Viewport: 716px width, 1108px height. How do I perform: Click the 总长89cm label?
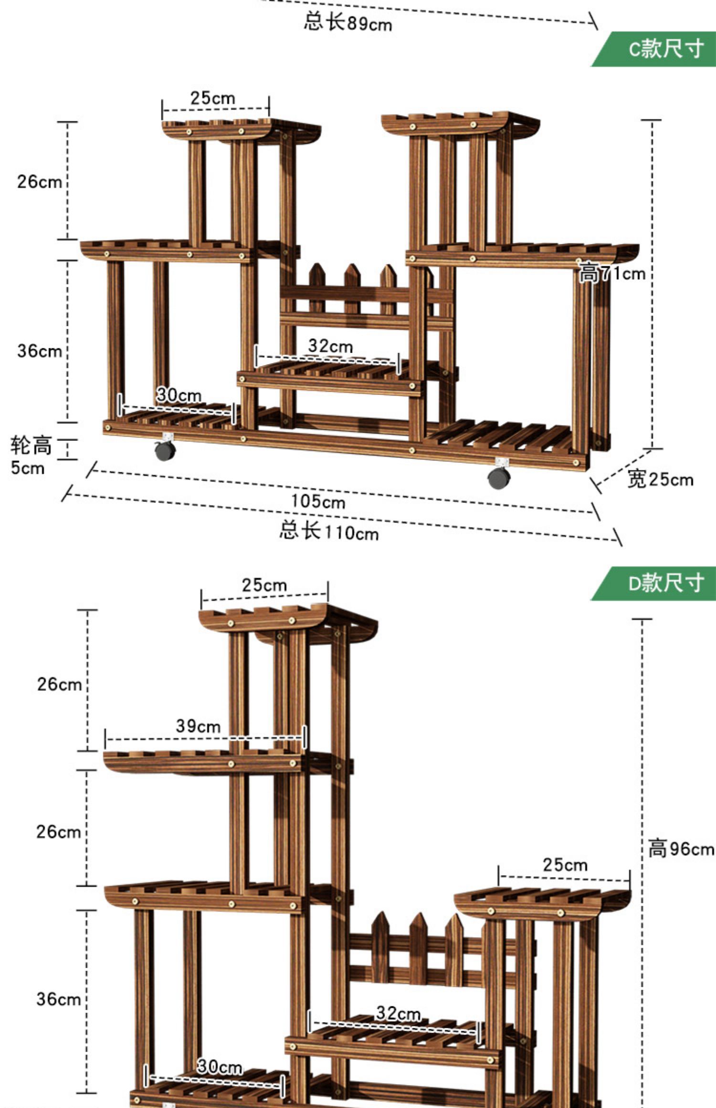pyautogui.click(x=347, y=22)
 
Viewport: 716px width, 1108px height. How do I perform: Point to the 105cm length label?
pyautogui.click(x=318, y=502)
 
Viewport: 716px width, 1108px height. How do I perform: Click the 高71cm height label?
pyautogui.click(x=612, y=273)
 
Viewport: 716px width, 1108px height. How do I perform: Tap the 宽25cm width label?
pyautogui.click(x=660, y=479)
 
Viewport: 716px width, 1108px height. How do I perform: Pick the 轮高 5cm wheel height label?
pyautogui.click(x=30, y=456)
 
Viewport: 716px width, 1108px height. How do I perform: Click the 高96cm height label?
pyautogui.click(x=681, y=849)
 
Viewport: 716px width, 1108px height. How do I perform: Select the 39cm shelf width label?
pyautogui.click(x=198, y=726)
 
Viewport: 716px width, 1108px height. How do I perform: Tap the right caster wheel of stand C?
pyautogui.click(x=499, y=477)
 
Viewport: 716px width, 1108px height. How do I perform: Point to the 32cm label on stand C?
pyautogui.click(x=330, y=346)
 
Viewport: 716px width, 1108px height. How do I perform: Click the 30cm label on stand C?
pyautogui.click(x=179, y=395)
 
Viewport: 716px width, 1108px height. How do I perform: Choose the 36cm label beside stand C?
pyautogui.click(x=40, y=351)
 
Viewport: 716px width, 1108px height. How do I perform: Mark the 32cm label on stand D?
pyautogui.click(x=398, y=1013)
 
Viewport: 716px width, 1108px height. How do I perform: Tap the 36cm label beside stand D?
pyautogui.click(x=59, y=999)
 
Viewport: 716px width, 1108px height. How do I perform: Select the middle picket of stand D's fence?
pyautogui.click(x=418, y=947)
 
